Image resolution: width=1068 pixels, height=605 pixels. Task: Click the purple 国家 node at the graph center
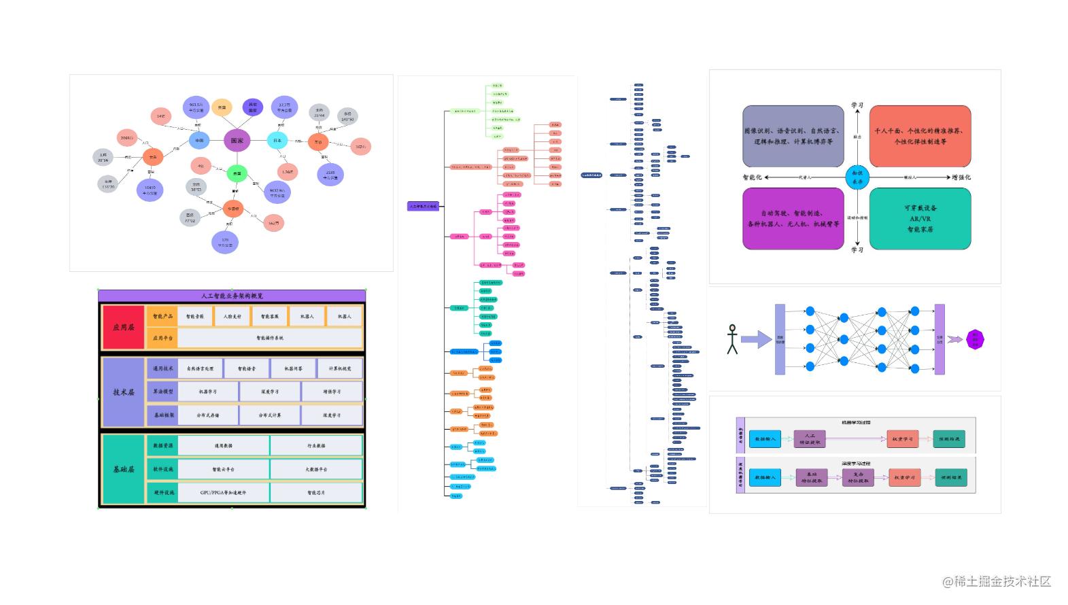tap(237, 141)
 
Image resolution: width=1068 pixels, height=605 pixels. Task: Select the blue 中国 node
tap(199, 141)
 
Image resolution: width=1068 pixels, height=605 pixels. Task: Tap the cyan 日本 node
tap(277, 141)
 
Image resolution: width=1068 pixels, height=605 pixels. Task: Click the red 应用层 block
tap(124, 327)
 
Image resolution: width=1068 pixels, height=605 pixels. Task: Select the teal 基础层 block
tap(124, 469)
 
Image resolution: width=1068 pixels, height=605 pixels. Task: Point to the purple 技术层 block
tap(124, 392)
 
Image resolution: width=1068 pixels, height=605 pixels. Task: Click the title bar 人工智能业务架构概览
tap(232, 296)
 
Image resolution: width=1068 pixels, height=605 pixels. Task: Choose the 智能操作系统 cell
tap(270, 338)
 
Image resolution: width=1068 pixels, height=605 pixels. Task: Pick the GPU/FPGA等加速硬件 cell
tap(223, 492)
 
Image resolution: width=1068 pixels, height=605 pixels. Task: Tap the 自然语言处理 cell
tap(201, 368)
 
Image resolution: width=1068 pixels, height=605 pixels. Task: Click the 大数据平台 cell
tap(316, 469)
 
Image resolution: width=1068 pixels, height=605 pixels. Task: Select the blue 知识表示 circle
tap(857, 177)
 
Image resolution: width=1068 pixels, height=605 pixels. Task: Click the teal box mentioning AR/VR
tap(920, 218)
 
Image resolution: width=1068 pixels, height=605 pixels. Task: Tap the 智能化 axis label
tap(753, 177)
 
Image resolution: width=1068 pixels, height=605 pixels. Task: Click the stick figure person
tap(732, 339)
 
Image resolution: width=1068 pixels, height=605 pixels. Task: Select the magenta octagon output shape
tap(975, 339)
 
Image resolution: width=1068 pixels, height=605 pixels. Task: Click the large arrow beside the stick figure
tap(756, 339)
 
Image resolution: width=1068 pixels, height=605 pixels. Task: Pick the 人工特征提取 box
tap(810, 439)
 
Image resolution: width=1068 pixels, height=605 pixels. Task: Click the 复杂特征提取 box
tap(858, 477)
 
